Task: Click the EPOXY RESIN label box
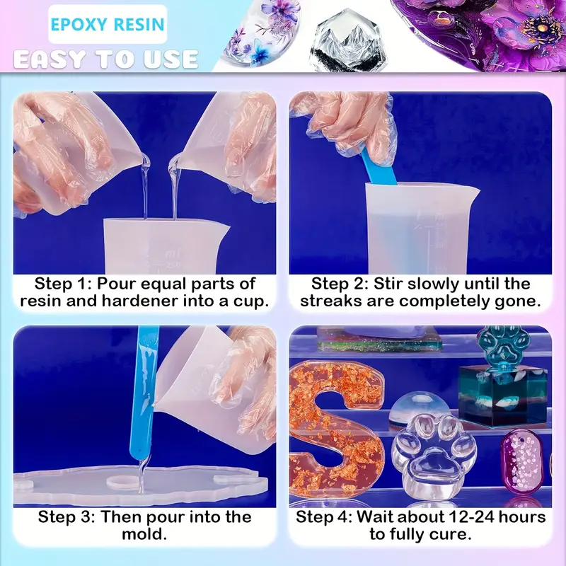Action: tap(108, 24)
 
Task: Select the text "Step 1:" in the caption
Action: tap(63, 284)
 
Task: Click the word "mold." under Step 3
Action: tap(144, 534)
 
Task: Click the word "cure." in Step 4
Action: tap(454, 534)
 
